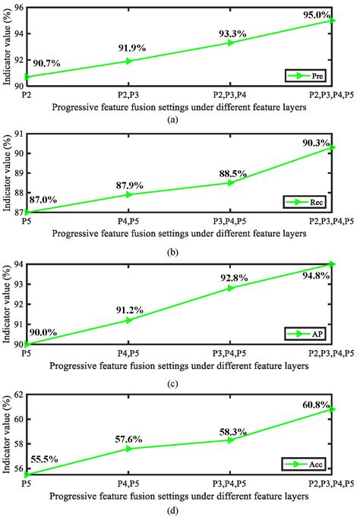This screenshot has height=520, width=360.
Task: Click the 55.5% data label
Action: pos(45,460)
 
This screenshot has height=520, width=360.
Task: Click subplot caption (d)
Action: pos(179,510)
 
